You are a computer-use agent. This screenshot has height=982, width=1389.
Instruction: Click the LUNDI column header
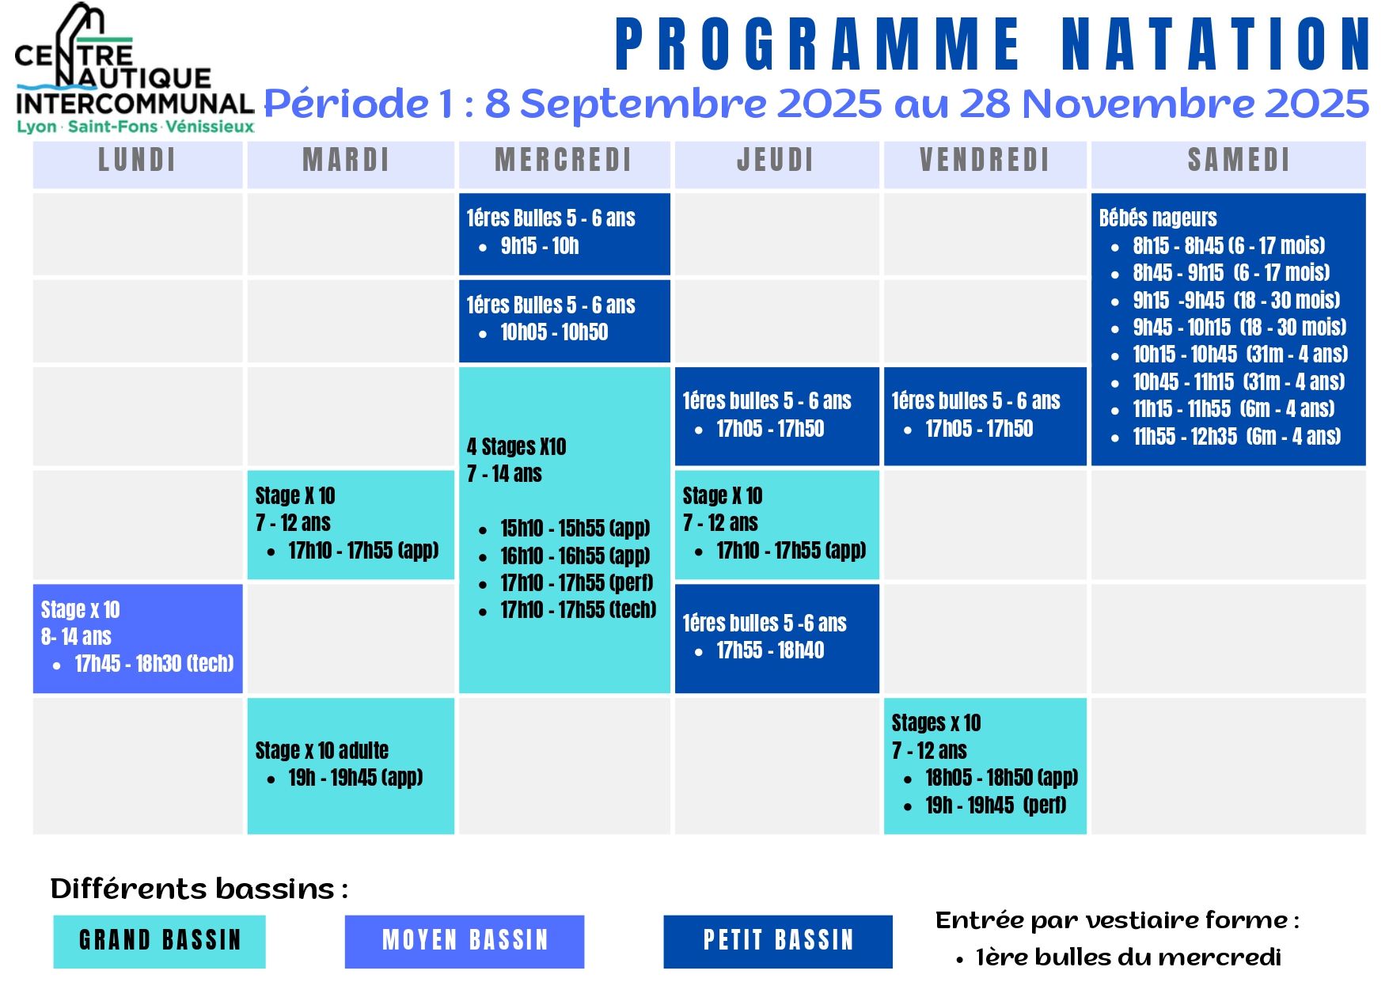(x=137, y=160)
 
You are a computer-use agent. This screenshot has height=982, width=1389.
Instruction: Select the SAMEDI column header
(x=1239, y=160)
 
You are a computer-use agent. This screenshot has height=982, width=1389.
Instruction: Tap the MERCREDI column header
(x=564, y=160)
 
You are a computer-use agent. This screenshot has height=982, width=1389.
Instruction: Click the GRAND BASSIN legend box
(x=160, y=941)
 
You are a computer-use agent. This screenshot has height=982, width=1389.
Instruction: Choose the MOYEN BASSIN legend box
(x=465, y=941)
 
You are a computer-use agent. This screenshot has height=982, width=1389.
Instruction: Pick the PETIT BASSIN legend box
(x=778, y=941)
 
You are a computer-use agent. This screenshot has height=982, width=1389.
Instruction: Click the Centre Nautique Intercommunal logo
(x=135, y=70)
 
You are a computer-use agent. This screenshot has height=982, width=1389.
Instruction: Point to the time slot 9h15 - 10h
(x=540, y=246)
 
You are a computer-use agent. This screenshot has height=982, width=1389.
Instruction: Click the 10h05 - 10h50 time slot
(x=554, y=332)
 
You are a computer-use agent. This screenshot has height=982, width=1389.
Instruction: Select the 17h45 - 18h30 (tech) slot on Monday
(x=154, y=663)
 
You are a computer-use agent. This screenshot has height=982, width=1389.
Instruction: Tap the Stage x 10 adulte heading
(x=322, y=750)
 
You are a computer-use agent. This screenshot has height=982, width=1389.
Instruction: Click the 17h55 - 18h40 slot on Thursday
(x=770, y=650)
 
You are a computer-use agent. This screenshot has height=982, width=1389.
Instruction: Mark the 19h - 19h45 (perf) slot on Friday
(x=996, y=806)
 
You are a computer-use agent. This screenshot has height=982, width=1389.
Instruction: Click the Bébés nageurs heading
(x=1158, y=218)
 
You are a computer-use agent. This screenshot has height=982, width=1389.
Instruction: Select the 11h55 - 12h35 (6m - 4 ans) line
(x=1237, y=436)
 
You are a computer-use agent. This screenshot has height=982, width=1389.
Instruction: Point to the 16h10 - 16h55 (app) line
(x=575, y=556)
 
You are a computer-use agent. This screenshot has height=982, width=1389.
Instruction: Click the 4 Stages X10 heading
(x=516, y=447)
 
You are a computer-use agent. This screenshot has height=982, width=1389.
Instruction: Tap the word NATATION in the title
(x=1216, y=44)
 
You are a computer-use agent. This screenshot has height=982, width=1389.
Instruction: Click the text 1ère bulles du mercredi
(x=1129, y=957)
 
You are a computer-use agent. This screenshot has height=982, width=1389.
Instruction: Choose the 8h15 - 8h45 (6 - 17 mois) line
(x=1229, y=245)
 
